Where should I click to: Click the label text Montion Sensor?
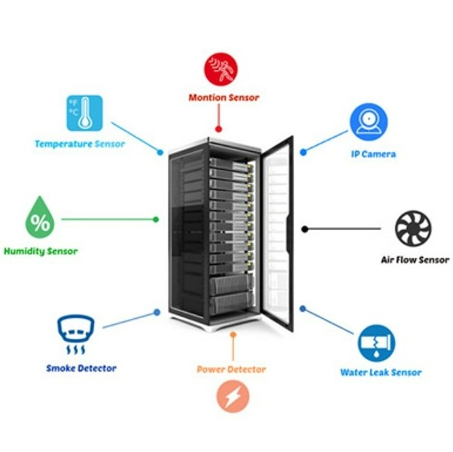(x=223, y=97)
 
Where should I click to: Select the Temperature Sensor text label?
(x=80, y=144)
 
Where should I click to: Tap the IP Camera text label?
(x=373, y=154)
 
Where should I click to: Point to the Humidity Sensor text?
(x=41, y=250)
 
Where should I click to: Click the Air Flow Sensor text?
(x=415, y=260)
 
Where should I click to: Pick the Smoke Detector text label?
(x=81, y=369)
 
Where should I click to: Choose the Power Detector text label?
(x=231, y=369)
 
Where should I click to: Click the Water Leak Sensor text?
(x=381, y=372)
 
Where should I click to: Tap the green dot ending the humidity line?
(x=156, y=220)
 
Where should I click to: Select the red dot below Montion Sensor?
(x=218, y=129)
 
